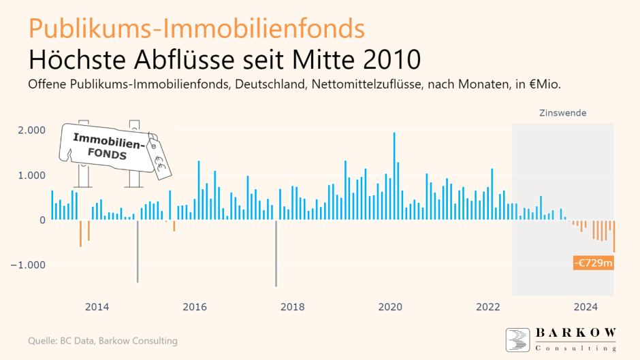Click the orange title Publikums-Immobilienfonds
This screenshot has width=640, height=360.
[197, 28]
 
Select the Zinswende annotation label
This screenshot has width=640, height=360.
[562, 113]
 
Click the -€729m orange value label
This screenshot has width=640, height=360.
[592, 263]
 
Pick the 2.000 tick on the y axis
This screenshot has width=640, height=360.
[31, 130]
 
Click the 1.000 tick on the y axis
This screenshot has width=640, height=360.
[31, 175]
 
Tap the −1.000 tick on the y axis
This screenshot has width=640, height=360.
[28, 265]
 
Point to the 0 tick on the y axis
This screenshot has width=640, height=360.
[42, 220]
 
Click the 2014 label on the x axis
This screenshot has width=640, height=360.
[97, 307]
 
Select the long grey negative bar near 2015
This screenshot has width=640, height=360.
[138, 250]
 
